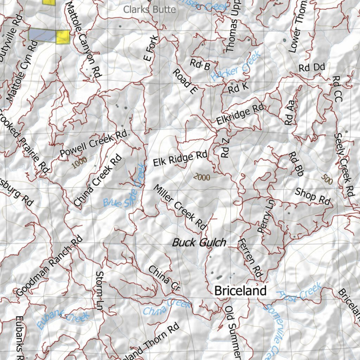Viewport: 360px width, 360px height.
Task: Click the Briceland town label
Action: (x=240, y=291)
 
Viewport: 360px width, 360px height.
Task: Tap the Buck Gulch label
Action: (x=199, y=242)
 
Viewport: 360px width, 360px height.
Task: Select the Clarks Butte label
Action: (x=149, y=9)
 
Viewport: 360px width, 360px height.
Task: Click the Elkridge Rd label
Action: (x=240, y=114)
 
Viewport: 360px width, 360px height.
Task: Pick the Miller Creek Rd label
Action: (x=180, y=207)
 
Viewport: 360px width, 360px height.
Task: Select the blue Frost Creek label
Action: (x=299, y=291)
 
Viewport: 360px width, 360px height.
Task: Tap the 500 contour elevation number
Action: (x=327, y=180)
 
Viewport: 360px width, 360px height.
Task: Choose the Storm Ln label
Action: (x=100, y=289)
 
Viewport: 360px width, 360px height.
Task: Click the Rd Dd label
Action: (x=312, y=67)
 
